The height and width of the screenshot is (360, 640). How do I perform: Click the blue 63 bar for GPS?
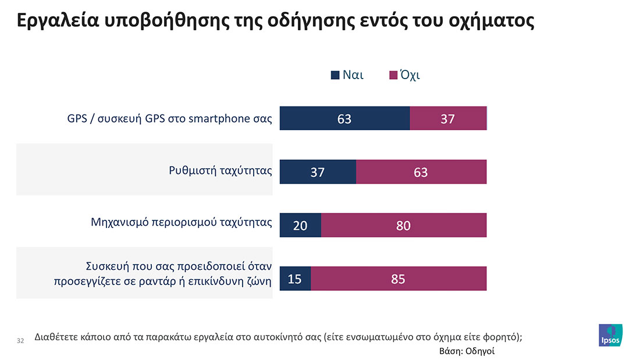tap(344, 119)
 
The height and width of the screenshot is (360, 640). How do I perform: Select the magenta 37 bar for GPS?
tap(448, 119)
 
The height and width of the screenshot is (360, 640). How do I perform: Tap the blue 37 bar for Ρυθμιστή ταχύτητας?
tap(318, 172)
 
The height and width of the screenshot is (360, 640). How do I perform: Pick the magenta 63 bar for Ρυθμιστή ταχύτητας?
tap(421, 172)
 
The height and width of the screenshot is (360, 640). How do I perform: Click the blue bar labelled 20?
tap(300, 225)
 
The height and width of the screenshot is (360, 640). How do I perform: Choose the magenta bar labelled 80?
tap(403, 225)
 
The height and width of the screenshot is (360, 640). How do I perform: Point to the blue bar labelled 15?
tap(296, 279)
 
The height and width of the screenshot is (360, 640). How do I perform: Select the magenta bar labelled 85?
tap(399, 279)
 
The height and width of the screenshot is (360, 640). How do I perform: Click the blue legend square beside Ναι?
tap(335, 75)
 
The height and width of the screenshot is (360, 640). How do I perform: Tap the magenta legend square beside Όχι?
tap(393, 75)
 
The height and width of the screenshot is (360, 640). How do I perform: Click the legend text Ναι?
tap(353, 75)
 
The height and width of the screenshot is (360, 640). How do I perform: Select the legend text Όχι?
tap(409, 75)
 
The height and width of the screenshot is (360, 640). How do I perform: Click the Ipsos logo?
tap(610, 335)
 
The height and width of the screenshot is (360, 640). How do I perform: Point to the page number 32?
tap(20, 340)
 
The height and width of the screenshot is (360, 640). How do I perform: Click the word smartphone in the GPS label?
tap(218, 119)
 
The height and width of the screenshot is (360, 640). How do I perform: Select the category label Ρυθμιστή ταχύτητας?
tap(221, 171)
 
